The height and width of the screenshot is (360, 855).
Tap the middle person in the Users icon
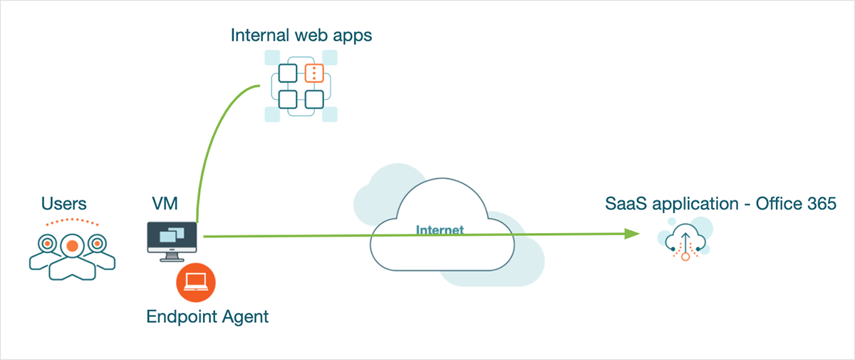[x=71, y=247]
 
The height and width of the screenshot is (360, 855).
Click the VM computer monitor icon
[x=173, y=237]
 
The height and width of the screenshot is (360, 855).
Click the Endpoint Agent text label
[x=207, y=317]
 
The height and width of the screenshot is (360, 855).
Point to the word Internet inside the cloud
[x=440, y=230]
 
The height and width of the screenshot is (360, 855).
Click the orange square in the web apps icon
[x=314, y=73]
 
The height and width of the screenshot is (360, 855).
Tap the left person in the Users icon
[x=46, y=245]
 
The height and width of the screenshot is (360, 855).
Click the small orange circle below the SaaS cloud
[x=685, y=257]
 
